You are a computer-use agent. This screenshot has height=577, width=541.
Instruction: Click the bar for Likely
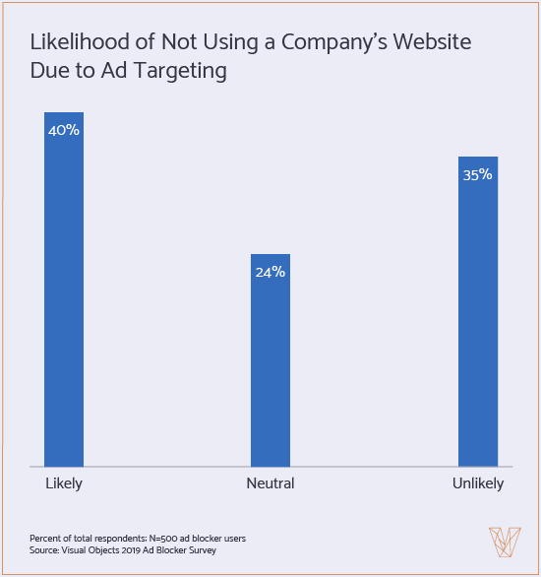coord(64,295)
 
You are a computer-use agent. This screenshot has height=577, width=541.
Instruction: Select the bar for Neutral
coord(270,364)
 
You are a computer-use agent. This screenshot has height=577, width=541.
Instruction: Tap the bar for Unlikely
coord(478,315)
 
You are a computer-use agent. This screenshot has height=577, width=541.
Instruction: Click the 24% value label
coord(270,271)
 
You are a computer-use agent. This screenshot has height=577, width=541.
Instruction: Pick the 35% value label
coord(478,174)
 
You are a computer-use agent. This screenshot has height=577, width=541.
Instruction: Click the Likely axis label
coord(64,483)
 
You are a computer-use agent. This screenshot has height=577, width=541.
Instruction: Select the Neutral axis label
coord(270,483)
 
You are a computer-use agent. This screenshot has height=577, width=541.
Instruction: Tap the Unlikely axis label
coord(478,483)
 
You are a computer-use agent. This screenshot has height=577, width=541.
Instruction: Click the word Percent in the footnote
coord(45,537)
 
